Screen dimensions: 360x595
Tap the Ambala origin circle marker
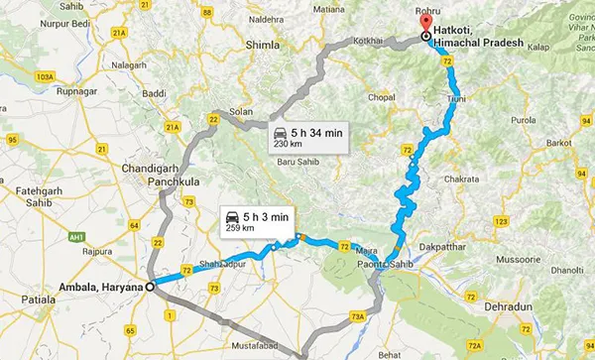point(150,288)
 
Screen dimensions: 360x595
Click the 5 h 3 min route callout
point(256,220)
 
